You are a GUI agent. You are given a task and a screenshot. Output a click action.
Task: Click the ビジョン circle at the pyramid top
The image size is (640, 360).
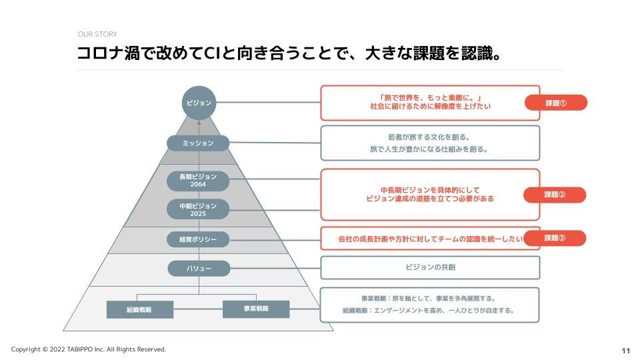(198, 103)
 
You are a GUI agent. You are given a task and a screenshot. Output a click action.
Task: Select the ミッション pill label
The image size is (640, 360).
(198, 143)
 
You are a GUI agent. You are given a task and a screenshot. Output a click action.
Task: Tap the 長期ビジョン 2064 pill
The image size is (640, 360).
(198, 181)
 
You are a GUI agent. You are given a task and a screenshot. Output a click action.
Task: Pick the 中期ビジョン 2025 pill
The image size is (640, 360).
(198, 209)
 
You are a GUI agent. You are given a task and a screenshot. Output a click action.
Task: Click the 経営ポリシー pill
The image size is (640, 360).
(198, 239)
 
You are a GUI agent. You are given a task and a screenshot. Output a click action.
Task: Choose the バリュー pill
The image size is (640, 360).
(198, 269)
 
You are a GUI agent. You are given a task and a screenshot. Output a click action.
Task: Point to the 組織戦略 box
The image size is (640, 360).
(139, 309)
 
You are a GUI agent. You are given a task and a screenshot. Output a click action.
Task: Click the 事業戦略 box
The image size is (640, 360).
(255, 309)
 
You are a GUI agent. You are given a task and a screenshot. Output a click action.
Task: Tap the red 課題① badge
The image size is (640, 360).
(555, 103)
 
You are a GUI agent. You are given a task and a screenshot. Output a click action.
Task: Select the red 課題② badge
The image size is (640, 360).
(555, 195)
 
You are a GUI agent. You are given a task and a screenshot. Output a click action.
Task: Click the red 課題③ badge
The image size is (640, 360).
(555, 238)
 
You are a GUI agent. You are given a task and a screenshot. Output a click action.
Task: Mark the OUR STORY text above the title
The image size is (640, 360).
(98, 35)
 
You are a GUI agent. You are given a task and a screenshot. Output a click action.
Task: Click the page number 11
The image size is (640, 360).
(625, 351)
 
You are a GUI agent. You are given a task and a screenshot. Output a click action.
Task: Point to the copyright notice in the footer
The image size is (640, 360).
(88, 349)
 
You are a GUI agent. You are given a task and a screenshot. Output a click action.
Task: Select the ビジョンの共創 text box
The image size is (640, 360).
(430, 267)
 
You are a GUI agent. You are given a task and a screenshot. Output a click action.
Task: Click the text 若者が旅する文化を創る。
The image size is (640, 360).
(430, 137)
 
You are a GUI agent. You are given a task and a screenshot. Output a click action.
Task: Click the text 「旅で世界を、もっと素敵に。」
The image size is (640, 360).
(430, 97)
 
